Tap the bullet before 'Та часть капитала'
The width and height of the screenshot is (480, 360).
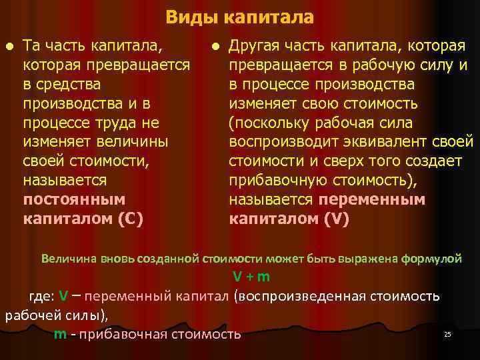point(8,47)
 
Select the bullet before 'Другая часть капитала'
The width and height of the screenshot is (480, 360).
point(215,47)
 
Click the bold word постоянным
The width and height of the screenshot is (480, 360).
point(74,200)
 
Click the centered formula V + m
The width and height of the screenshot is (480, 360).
point(251,277)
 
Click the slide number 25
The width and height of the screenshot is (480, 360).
point(448,334)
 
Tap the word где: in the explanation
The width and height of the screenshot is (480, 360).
point(41,296)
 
